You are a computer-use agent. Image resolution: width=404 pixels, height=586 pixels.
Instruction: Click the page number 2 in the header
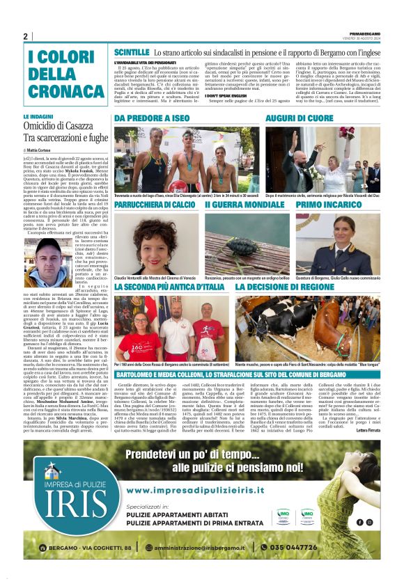click(x=25, y=36)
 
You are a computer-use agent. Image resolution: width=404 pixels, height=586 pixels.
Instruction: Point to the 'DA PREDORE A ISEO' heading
click(x=152, y=119)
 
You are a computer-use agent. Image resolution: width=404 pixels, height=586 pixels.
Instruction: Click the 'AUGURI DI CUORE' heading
click(x=300, y=119)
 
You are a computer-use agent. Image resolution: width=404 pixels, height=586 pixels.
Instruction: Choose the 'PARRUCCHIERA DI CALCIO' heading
click(x=155, y=206)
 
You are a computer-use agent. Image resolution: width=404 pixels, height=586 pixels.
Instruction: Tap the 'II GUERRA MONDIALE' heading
click(x=244, y=206)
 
